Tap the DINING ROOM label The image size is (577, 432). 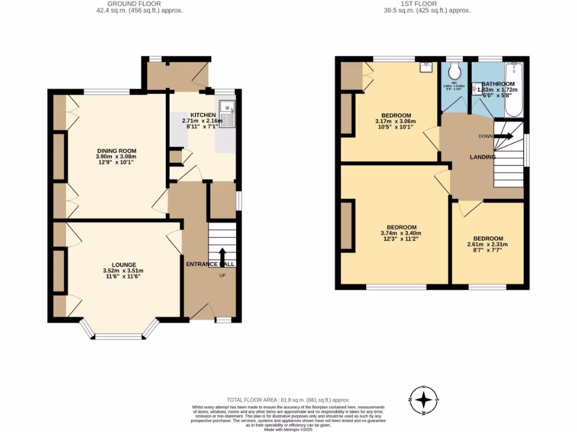pos(117,151)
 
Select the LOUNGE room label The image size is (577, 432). pos(124,264)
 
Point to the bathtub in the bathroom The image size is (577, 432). pos(513,90)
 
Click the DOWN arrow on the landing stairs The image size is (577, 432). pos(505,136)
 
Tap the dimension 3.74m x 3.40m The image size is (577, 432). pos(401,233)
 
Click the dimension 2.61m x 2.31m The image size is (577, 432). pos(488,245)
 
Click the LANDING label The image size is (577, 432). pos(483,157)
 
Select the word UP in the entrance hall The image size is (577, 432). pos(223,276)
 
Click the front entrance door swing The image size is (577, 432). pos(201,311)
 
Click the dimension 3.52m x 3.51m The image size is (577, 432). pos(123,271)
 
